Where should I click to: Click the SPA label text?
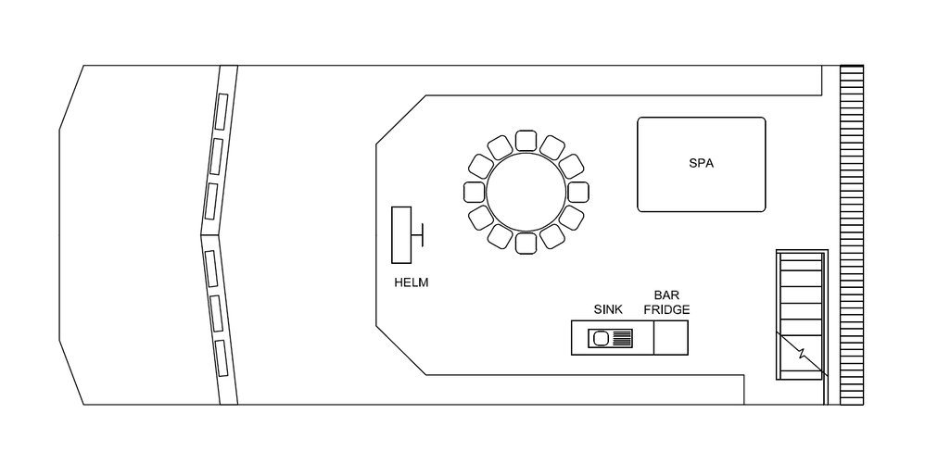coord(701,163)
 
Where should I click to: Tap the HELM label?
coord(412,282)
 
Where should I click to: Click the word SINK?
coord(608,309)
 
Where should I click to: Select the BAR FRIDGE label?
coord(666,303)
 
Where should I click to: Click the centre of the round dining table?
coord(526,192)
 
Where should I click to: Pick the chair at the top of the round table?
coord(526,141)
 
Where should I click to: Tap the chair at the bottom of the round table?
coord(526,244)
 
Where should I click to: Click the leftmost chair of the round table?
coord(475,192)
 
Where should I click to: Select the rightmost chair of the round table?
coord(577,192)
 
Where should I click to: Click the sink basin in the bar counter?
coord(601,339)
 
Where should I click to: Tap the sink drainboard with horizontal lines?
coord(621,338)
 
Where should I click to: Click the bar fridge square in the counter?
coord(671,338)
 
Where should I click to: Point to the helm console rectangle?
coord(401,235)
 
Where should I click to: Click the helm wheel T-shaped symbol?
coord(418,234)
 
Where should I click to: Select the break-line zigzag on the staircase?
coord(802,354)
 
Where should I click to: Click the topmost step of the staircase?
coord(801,257)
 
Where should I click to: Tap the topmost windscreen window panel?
coord(222,112)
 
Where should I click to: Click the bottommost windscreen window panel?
coord(222,357)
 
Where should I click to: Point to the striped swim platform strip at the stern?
coord(852,235)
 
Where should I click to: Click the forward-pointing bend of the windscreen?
coord(202,235)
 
